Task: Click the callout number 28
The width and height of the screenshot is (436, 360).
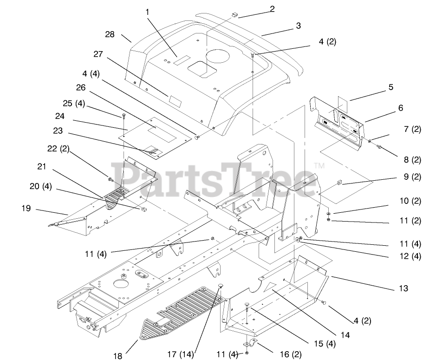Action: click(x=110, y=34)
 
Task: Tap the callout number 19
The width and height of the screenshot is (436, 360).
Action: click(x=26, y=209)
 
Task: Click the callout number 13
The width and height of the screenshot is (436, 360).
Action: click(x=403, y=288)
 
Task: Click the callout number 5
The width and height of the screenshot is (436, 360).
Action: click(x=390, y=87)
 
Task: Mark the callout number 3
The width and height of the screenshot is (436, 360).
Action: click(x=298, y=26)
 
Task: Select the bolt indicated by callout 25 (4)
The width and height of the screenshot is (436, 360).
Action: click(x=124, y=115)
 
